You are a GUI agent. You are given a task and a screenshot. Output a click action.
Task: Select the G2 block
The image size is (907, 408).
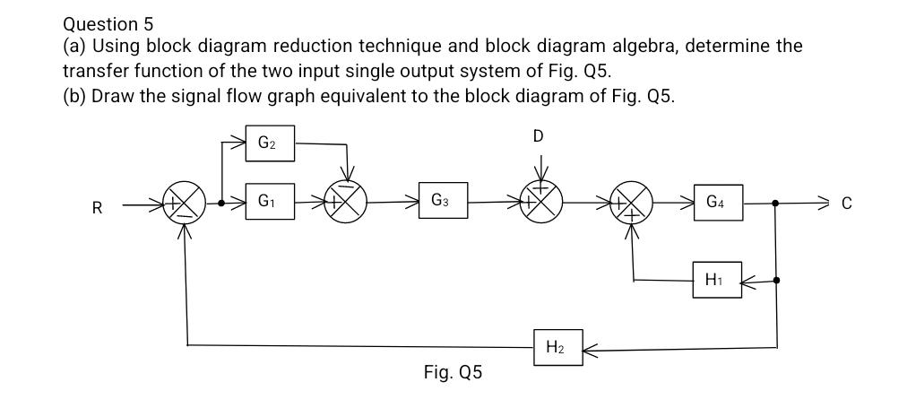click(x=270, y=142)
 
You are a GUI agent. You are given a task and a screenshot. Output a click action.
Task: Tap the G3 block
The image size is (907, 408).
click(x=444, y=202)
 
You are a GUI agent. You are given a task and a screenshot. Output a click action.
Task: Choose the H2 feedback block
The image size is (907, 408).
click(x=557, y=345)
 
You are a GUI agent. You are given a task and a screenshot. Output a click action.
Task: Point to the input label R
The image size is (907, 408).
click(x=97, y=208)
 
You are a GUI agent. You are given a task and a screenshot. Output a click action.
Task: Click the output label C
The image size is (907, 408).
click(x=844, y=204)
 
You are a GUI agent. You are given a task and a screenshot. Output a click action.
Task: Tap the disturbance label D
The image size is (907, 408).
click(x=538, y=136)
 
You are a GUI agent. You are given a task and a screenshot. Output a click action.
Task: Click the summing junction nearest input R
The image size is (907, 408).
click(x=185, y=204)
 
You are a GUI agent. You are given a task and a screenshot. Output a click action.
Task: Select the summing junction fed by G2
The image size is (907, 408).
click(x=350, y=204)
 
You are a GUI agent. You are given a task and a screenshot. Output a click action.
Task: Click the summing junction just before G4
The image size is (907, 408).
click(x=632, y=204)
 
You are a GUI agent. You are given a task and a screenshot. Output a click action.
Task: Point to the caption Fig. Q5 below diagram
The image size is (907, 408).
click(x=453, y=372)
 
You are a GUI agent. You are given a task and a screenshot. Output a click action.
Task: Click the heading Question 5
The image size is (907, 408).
click(x=102, y=23)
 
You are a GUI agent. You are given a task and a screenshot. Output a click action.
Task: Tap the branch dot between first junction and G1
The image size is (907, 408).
click(x=221, y=204)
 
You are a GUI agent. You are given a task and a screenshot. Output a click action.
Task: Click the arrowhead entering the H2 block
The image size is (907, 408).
click(x=590, y=345)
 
